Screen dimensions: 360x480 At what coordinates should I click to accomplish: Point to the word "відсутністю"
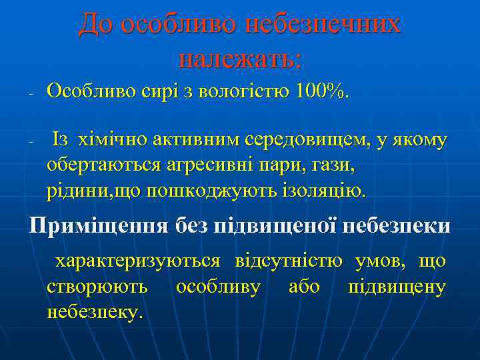click(289, 261)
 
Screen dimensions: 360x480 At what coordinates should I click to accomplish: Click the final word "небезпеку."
click(95, 311)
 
